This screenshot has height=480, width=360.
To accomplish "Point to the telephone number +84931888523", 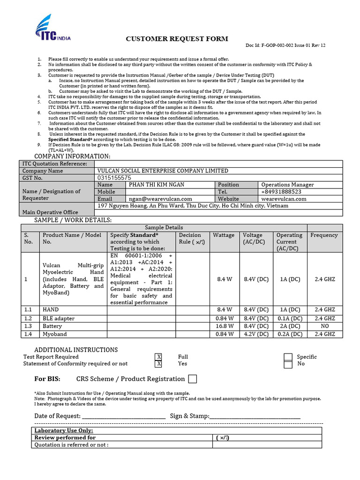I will click(x=281, y=192).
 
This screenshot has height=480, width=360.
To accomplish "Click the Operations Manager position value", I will click(x=287, y=185).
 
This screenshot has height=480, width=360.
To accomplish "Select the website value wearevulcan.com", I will click(x=284, y=199).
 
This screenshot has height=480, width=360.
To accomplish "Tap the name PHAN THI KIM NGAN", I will click(x=159, y=185).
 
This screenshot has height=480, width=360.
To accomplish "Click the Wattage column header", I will click(x=224, y=235).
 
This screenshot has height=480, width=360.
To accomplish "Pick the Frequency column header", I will click(x=324, y=235).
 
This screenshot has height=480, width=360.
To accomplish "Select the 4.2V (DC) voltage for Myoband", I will click(x=256, y=334).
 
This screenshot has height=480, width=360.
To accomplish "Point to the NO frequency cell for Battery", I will click(x=325, y=326).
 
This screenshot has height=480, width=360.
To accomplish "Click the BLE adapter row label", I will click(x=59, y=318).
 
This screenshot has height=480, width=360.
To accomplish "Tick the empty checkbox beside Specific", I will click(x=288, y=357).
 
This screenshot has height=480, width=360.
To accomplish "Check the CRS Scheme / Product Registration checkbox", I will click(x=192, y=379).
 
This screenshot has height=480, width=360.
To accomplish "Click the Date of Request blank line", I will click(x=124, y=416).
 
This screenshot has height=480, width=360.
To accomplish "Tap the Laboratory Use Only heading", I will click(x=64, y=430).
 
